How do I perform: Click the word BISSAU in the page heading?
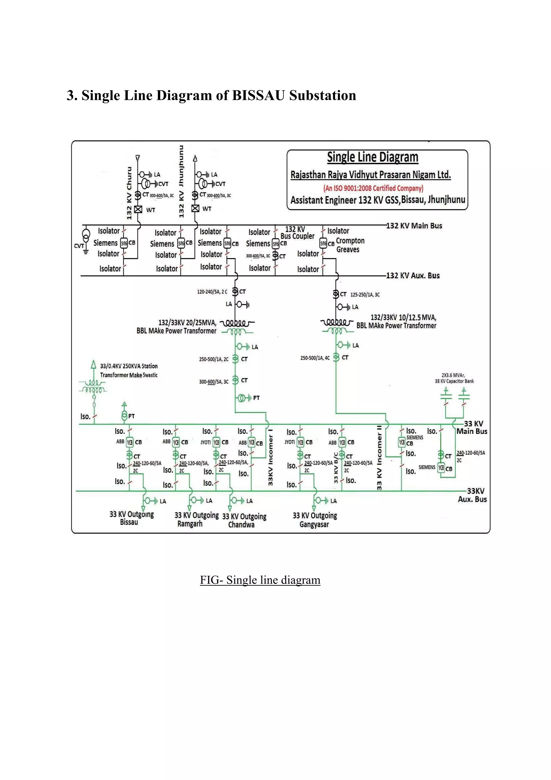(x=258, y=95)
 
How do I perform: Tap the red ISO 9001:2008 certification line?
(x=373, y=188)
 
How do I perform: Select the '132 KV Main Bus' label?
(x=414, y=226)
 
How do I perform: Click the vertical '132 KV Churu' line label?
(x=129, y=193)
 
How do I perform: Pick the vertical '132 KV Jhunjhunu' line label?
(x=182, y=182)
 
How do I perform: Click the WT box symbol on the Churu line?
(x=138, y=209)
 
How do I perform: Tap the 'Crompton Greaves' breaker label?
(x=350, y=245)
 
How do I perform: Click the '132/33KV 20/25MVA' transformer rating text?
(x=187, y=323)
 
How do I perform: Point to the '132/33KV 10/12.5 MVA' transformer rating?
(x=403, y=318)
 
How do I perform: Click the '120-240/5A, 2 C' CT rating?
(x=212, y=292)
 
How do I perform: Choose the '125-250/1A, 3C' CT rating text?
(x=365, y=295)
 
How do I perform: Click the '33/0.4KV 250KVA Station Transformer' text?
(x=129, y=370)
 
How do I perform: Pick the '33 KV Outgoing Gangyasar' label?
(x=315, y=520)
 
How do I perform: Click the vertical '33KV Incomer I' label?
(x=270, y=457)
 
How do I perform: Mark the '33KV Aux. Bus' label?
(x=473, y=495)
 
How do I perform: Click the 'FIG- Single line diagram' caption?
(x=260, y=580)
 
